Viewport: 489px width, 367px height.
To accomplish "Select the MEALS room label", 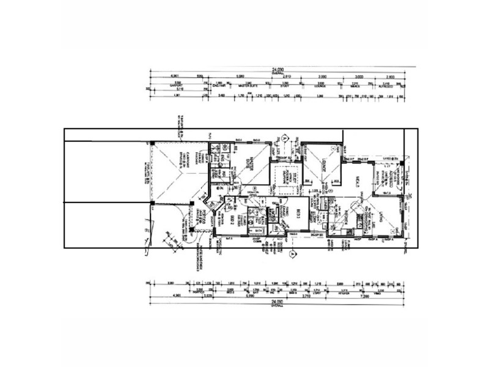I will (356, 181).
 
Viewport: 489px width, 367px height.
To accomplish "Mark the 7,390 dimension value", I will (365, 296).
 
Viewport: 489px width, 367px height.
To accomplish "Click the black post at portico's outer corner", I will (191, 229).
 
